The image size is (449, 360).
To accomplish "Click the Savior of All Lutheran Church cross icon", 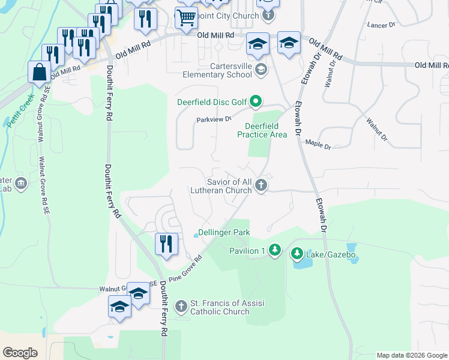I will (261, 185).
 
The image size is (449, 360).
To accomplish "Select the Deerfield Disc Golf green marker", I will (256, 101).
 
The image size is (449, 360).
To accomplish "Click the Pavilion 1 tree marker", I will (274, 249).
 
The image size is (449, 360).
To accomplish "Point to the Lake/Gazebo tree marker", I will (297, 254).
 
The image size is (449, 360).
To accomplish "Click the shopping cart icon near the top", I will (185, 18).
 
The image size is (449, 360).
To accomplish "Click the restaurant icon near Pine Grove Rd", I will (166, 244).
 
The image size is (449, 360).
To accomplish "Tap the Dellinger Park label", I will (224, 232).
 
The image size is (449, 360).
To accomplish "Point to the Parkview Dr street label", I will (214, 119).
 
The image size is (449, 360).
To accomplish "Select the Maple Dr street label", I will (318, 142).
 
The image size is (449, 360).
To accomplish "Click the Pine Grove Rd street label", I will (186, 269).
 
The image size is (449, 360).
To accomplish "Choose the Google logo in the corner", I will (20, 353).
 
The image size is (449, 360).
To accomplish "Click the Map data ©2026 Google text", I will (412, 355).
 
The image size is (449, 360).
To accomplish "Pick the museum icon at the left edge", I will (20, 183).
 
